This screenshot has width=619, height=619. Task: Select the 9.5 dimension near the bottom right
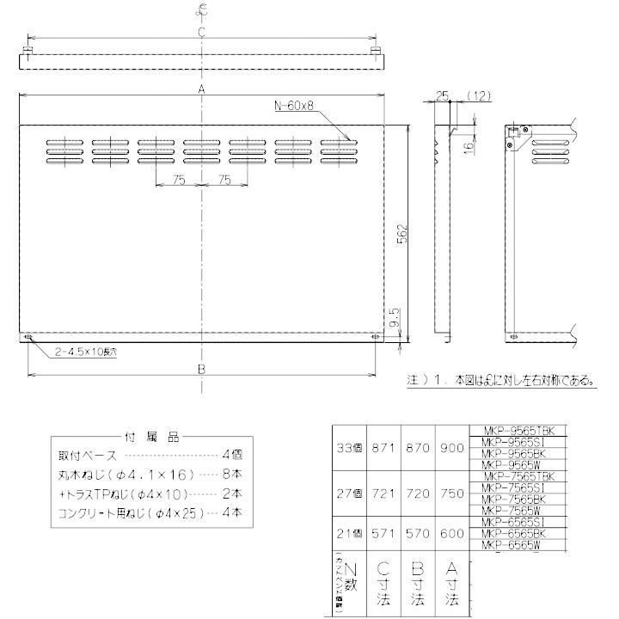393,318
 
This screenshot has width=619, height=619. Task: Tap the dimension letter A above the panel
201,89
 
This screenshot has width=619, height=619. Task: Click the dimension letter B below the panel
201,368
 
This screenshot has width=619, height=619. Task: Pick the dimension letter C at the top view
201,32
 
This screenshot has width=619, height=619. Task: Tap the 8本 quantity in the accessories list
232,474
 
